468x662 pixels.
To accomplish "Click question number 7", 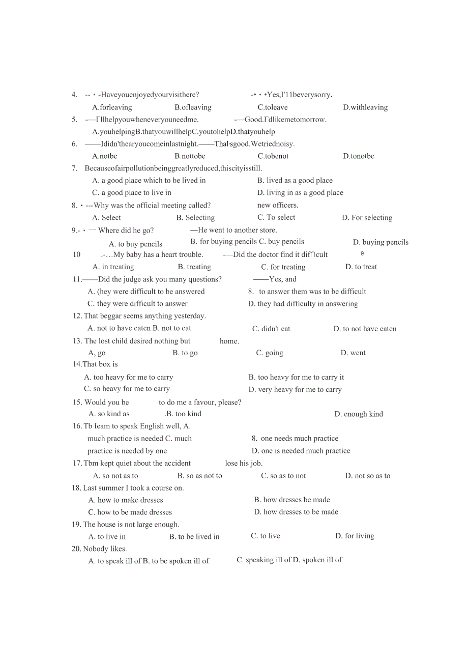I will click(74, 168).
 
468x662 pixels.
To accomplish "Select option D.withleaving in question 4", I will click(365, 107).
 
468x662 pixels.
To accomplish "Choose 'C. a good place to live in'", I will click(131, 193).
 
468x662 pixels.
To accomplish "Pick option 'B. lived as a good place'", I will click(295, 181).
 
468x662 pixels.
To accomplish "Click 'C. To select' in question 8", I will click(276, 217).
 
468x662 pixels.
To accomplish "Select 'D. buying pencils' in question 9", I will click(381, 242).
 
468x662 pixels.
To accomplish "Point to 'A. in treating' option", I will click(113, 267).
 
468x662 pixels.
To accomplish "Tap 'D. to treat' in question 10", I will click(361, 267).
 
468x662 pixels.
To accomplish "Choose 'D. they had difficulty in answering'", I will click(303, 304).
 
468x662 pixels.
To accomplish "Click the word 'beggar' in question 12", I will click(110, 316).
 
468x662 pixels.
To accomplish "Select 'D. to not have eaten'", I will click(365, 329).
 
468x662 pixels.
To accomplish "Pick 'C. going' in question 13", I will click(270, 353).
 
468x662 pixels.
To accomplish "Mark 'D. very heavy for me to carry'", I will click(295, 390).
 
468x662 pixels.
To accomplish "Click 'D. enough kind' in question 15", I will click(359, 414).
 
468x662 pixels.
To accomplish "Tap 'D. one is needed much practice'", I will click(301, 451).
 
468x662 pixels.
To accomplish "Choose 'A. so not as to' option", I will click(115, 476).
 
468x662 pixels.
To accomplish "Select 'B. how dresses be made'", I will click(292, 500).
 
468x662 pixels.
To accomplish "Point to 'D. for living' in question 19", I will click(355, 536).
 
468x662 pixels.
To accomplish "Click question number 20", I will click(76, 549).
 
